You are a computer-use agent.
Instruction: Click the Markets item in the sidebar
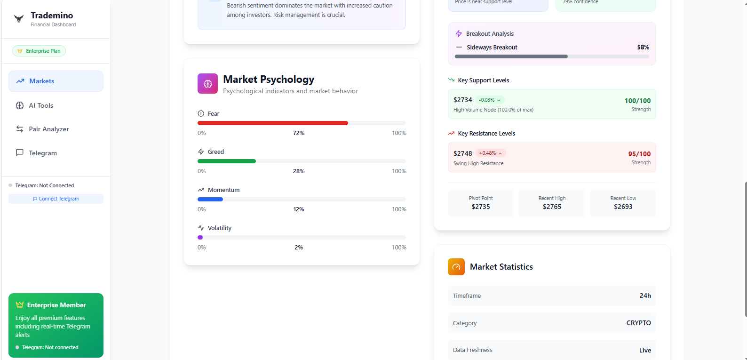pyautogui.click(x=56, y=81)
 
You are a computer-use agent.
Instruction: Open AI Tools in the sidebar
pyautogui.click(x=41, y=105)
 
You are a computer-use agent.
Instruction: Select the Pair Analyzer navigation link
pyautogui.click(x=48, y=129)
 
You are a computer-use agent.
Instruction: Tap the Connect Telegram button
pyautogui.click(x=56, y=199)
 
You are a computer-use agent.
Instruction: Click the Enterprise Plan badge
pyautogui.click(x=39, y=51)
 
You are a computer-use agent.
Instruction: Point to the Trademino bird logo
pyautogui.click(x=19, y=19)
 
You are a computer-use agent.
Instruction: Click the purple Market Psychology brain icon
pyautogui.click(x=207, y=84)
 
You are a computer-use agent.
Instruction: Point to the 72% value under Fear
pyautogui.click(x=299, y=133)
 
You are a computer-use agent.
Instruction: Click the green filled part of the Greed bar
pyautogui.click(x=226, y=161)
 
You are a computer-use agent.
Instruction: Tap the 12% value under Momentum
pyautogui.click(x=299, y=209)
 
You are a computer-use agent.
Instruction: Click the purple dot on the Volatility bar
pyautogui.click(x=200, y=237)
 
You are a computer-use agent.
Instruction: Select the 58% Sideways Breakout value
pyautogui.click(x=643, y=47)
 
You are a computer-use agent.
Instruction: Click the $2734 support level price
pyautogui.click(x=462, y=100)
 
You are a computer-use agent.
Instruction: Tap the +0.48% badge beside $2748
pyautogui.click(x=490, y=153)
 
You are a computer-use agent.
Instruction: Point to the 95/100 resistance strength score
pyautogui.click(x=639, y=154)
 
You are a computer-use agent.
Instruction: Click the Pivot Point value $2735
pyautogui.click(x=481, y=207)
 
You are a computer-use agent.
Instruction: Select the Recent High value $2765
pyautogui.click(x=552, y=207)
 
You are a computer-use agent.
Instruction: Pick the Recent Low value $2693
pyautogui.click(x=623, y=207)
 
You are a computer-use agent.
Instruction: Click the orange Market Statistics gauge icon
pyautogui.click(x=456, y=267)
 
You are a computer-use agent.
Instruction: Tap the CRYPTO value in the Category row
pyautogui.click(x=638, y=323)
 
